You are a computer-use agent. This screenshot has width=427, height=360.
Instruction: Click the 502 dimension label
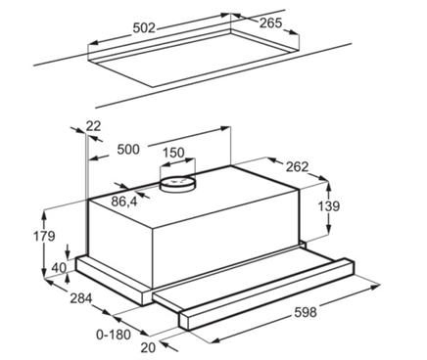144,28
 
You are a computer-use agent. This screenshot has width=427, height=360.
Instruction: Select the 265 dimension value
270,22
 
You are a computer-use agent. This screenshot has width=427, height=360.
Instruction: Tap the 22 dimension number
93,126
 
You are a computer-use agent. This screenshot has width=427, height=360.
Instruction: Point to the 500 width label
128,150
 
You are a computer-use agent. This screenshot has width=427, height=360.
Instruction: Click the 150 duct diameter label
173,153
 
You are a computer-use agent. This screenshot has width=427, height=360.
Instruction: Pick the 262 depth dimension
297,166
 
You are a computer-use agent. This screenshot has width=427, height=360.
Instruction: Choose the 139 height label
329,206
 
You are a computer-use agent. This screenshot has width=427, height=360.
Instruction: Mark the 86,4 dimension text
124,202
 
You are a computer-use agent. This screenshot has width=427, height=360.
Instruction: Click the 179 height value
44,236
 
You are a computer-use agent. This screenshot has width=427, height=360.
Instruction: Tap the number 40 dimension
59,268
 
